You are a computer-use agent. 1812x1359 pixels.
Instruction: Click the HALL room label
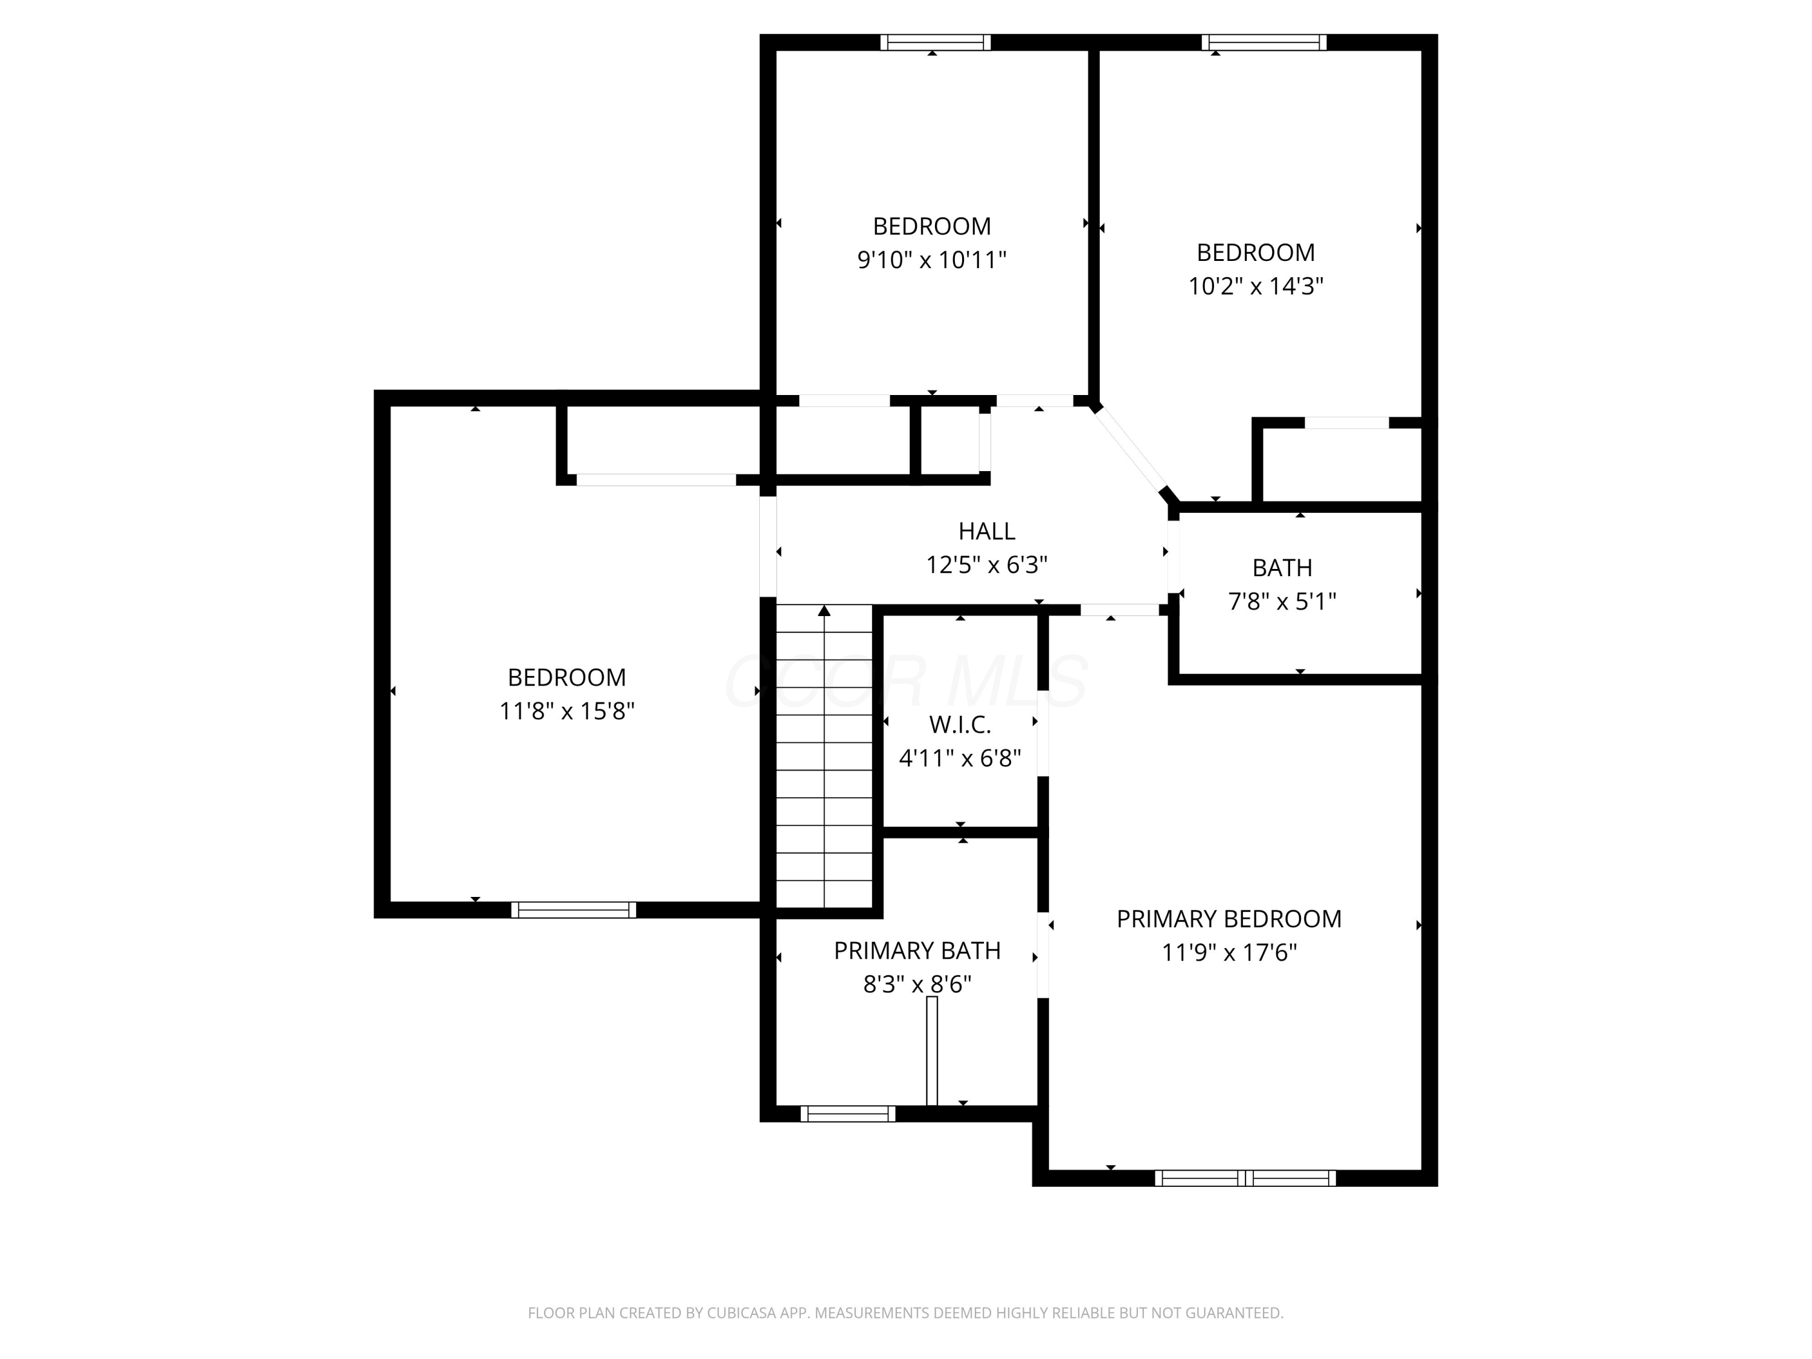point(986,532)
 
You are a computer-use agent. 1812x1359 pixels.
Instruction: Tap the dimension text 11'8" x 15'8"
point(567,711)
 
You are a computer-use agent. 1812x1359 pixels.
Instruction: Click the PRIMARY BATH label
point(917,950)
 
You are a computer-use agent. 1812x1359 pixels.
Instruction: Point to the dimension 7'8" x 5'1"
point(1282,601)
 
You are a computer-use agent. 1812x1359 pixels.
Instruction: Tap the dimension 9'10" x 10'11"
point(931,260)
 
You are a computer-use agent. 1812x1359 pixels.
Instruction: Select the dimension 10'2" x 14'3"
point(1256,286)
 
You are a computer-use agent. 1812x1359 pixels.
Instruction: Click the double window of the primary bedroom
point(1245,1178)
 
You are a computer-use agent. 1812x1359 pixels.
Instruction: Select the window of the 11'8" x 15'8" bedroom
point(573,909)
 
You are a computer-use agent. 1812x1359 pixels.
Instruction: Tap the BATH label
point(1282,568)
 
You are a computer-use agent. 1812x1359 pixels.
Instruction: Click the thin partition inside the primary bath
point(931,1051)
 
